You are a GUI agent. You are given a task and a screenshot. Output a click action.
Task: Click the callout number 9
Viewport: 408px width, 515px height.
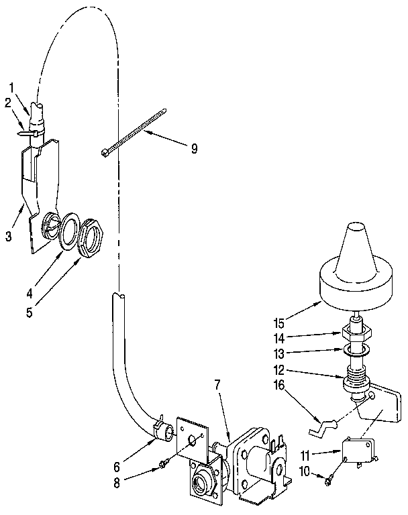(x=194, y=149)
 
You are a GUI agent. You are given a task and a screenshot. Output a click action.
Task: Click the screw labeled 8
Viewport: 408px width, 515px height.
(x=164, y=465)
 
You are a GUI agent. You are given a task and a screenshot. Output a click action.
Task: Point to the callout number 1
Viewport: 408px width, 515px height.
(x=12, y=86)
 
